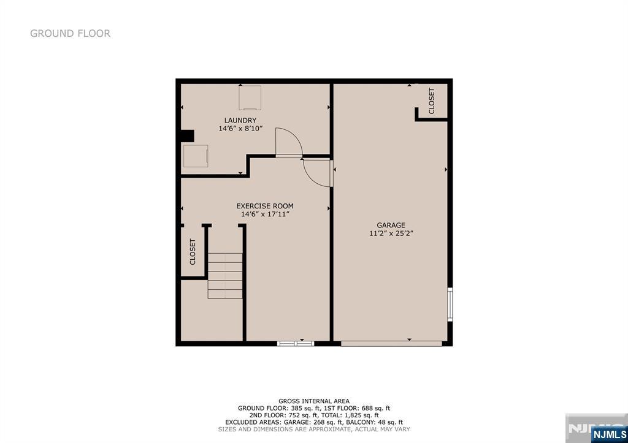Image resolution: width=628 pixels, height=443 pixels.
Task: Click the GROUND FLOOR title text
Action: (70, 33)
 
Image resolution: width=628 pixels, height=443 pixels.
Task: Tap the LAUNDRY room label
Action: (240, 121)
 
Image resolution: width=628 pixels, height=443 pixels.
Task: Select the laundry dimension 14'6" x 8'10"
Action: (240, 129)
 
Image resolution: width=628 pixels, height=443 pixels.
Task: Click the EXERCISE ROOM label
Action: (265, 206)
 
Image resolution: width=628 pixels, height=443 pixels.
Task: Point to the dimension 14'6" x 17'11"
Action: (265, 214)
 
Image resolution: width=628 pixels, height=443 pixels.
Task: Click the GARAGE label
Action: (391, 225)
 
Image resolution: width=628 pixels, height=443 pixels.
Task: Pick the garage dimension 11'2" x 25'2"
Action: (391, 233)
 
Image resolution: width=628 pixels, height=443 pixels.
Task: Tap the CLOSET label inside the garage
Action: (431, 101)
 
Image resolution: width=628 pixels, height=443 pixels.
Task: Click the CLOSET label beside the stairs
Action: (193, 252)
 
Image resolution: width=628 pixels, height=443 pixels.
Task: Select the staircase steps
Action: (225, 276)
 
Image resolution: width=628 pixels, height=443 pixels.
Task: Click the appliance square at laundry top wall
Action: (250, 97)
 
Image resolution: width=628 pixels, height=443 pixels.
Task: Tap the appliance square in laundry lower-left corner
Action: (196, 156)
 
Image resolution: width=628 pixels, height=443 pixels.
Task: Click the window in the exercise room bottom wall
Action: (296, 343)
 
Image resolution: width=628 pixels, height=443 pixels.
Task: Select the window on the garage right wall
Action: (450, 304)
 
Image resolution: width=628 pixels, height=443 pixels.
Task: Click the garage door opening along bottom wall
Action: (391, 343)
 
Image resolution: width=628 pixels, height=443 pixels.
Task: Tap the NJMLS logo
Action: (609, 434)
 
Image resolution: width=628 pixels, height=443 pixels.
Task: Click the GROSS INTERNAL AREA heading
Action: (314, 401)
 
